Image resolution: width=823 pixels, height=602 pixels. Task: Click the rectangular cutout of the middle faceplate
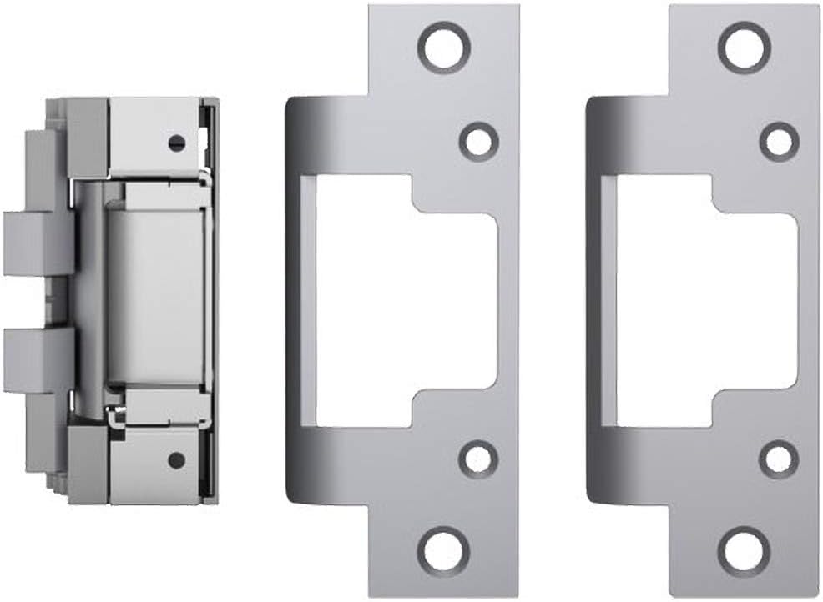coord(401,300)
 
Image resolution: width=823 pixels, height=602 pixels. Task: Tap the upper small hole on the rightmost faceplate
coord(779,141)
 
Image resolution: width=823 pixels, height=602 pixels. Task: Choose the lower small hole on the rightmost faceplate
coord(779,459)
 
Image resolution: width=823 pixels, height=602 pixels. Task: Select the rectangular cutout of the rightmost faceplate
coord(701,300)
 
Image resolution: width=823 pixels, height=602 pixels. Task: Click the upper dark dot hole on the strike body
coord(175,143)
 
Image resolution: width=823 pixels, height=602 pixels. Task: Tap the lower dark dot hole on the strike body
coord(175,459)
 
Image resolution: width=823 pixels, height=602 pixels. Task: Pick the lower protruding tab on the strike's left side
coord(38,361)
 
